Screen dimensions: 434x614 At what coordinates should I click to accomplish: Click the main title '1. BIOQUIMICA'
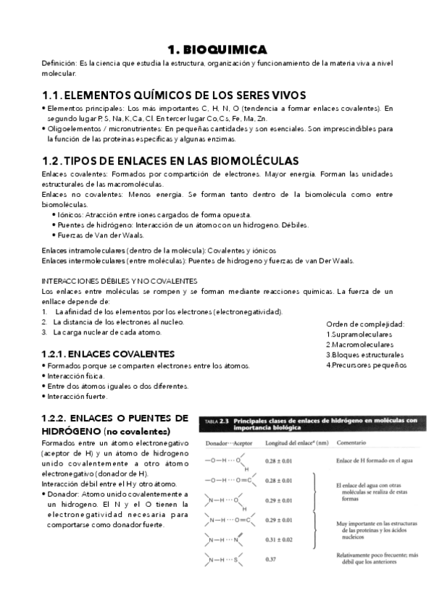pyautogui.click(x=217, y=49)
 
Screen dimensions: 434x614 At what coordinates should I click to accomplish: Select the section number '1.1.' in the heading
pyautogui.click(x=52, y=95)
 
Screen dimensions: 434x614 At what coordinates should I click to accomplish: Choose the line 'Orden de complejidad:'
pyautogui.click(x=365, y=324)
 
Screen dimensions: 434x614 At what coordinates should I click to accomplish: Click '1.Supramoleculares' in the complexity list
pyautogui.click(x=360, y=335)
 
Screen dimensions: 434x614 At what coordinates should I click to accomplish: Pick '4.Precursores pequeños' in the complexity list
pyautogui.click(x=366, y=365)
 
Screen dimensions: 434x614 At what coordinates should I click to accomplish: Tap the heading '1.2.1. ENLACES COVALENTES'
pyautogui.click(x=108, y=354)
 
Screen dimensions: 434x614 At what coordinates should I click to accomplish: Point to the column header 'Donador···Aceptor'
pyautogui.click(x=228, y=442)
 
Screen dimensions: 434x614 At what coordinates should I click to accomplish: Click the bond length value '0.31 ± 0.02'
pyautogui.click(x=283, y=539)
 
